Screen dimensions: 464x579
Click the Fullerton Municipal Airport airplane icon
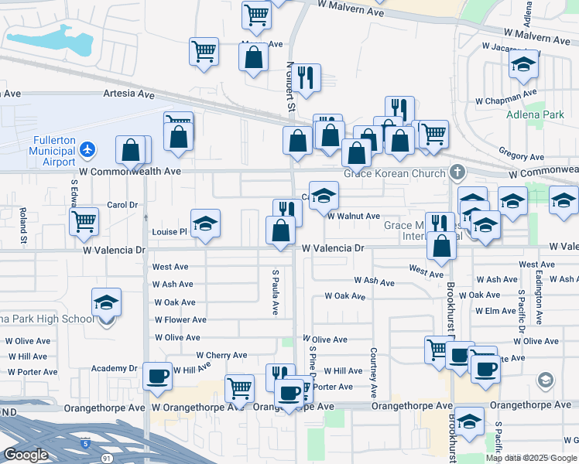click(87, 148)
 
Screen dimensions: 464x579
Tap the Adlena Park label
click(535, 115)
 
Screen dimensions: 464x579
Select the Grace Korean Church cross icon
click(457, 172)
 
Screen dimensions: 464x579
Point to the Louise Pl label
click(170, 231)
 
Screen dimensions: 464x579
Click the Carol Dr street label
click(122, 205)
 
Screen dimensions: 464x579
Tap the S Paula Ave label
click(274, 292)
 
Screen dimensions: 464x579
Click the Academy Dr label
click(114, 368)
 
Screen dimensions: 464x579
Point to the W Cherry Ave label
click(221, 356)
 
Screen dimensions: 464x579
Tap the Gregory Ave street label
click(518, 152)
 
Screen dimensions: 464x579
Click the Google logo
click(26, 455)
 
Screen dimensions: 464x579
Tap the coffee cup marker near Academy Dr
click(158, 377)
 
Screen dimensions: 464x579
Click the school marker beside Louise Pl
click(205, 224)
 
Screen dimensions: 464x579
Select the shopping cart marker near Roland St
click(84, 222)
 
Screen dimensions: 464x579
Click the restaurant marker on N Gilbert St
click(307, 78)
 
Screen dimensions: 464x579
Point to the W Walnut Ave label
click(353, 217)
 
